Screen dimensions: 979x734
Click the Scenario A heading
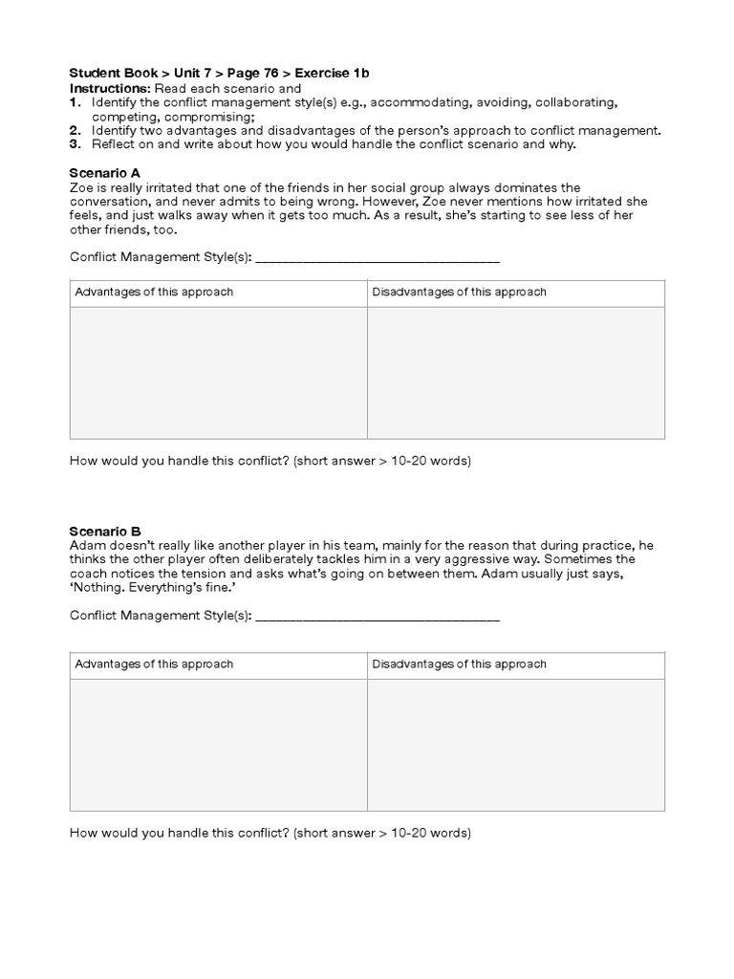click(105, 173)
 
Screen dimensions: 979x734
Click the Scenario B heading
click(105, 531)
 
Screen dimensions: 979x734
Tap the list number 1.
click(75, 102)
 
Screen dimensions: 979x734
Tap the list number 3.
click(75, 144)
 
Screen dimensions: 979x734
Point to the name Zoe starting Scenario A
click(82, 188)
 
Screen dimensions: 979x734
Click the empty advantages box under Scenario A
click(219, 373)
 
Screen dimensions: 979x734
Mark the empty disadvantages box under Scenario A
click(516, 373)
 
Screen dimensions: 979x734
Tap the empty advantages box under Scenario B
click(219, 745)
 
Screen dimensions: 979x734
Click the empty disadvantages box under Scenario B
click(516, 745)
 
